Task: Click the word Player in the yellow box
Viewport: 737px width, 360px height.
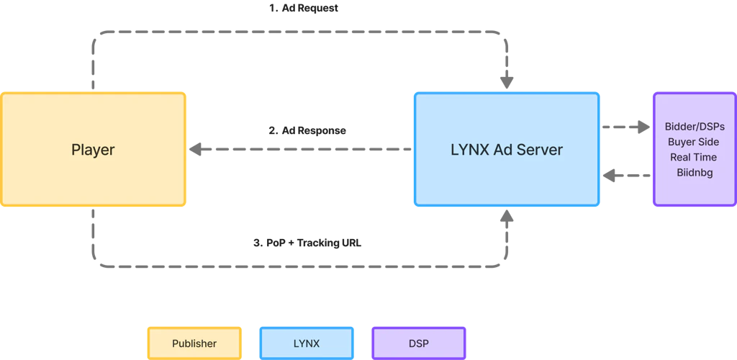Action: pyautogui.click(x=93, y=150)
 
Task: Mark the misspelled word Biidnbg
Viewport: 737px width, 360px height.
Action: pyautogui.click(x=694, y=172)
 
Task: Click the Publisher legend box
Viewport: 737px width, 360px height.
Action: pyautogui.click(x=194, y=343)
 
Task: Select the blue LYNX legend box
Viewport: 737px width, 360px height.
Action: pyautogui.click(x=306, y=343)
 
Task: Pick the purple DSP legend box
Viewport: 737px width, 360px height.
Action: pyautogui.click(x=417, y=343)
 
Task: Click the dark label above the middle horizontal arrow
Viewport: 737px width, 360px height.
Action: pyautogui.click(x=307, y=132)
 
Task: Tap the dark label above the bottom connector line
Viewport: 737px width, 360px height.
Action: pyautogui.click(x=307, y=242)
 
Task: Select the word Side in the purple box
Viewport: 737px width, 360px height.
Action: pyautogui.click(x=707, y=142)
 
